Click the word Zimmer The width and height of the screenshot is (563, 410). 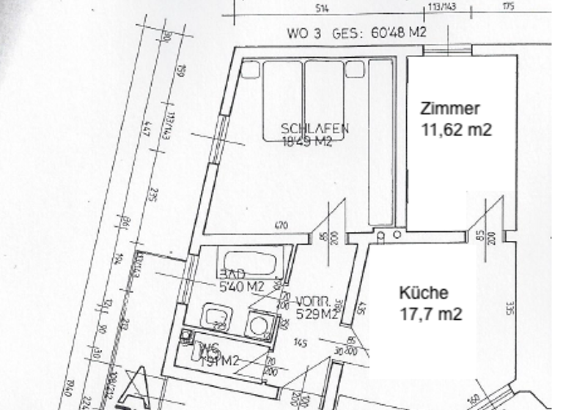click(x=450, y=109)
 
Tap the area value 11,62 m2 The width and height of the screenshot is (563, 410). click(x=455, y=130)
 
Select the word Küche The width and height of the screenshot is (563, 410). click(x=423, y=293)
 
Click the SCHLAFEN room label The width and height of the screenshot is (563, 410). click(x=314, y=129)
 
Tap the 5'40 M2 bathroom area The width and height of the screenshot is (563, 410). click(x=241, y=288)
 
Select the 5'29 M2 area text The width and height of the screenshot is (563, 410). click(x=315, y=316)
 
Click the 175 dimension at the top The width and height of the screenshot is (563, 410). click(x=508, y=7)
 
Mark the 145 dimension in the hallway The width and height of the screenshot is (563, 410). click(x=300, y=343)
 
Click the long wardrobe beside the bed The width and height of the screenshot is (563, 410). click(x=380, y=142)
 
